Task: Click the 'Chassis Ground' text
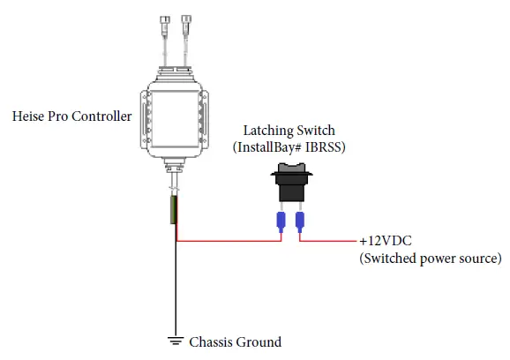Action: coord(236,341)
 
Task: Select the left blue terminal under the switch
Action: coord(281,221)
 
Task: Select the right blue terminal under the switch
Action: coord(301,221)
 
